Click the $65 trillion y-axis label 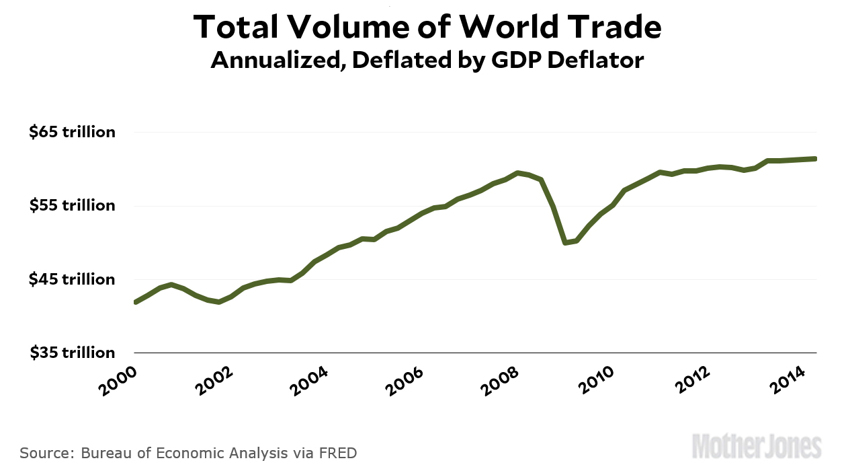(73, 132)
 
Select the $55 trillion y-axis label (73, 205)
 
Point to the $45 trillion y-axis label (73, 279)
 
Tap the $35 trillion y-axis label (73, 353)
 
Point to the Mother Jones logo (757, 447)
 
